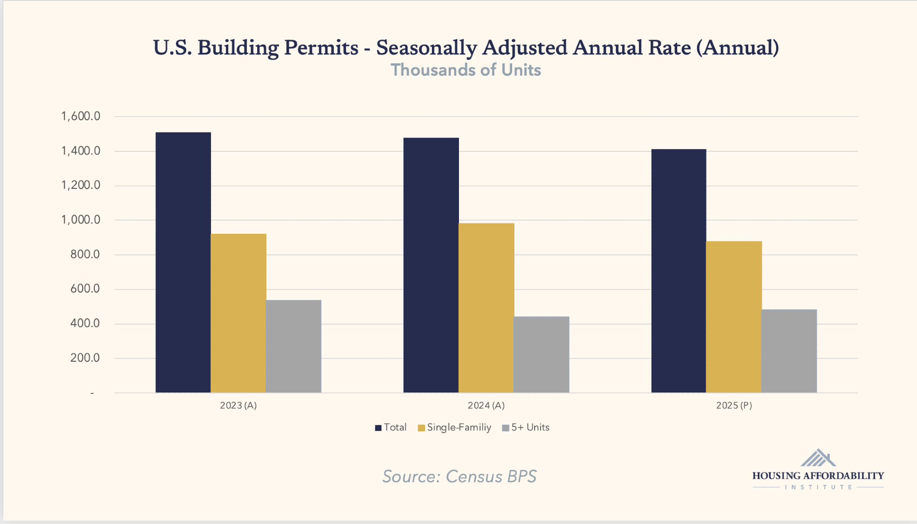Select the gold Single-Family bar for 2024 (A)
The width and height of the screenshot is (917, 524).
[486, 308]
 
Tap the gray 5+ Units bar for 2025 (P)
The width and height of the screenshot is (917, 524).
[789, 351]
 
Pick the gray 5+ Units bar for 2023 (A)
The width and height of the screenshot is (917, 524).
[293, 346]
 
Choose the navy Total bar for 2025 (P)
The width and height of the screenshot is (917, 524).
[679, 270]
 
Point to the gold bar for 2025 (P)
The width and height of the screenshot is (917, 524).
[734, 317]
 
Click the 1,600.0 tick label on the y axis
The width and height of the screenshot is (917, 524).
[81, 116]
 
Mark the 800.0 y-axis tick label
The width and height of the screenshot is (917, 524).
[85, 254]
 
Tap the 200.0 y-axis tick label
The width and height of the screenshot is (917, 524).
[85, 358]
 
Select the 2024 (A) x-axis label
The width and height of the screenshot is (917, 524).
[486, 406]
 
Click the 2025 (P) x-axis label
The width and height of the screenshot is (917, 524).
[734, 406]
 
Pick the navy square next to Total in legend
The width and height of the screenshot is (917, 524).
[378, 428]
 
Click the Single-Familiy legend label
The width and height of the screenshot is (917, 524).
[459, 428]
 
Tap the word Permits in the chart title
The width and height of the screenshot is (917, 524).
[321, 48]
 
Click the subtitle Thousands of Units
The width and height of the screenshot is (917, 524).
[466, 70]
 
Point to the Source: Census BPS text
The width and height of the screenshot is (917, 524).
[459, 477]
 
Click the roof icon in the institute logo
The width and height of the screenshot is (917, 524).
[818, 458]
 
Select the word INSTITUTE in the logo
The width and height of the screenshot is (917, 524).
[818, 487]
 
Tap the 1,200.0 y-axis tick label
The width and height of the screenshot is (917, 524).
[81, 186]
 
